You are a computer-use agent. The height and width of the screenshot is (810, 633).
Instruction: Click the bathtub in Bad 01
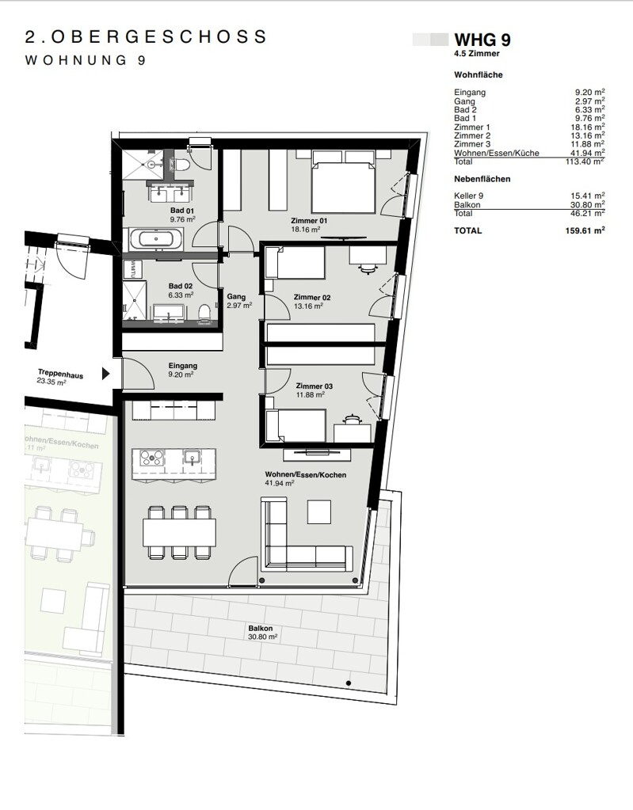[x=155, y=240]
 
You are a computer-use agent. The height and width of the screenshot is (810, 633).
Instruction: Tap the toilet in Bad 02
[x=205, y=313]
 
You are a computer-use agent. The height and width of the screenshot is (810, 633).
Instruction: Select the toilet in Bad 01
[x=181, y=163]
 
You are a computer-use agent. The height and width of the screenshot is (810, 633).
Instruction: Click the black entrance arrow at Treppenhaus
[x=106, y=374]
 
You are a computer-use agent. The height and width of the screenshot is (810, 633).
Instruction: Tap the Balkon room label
[x=261, y=629]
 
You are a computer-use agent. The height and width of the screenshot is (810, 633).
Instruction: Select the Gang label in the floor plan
[x=236, y=296]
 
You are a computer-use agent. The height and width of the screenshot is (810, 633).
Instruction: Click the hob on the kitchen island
[x=152, y=458]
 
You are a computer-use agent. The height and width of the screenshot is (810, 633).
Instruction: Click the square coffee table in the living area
[x=318, y=512]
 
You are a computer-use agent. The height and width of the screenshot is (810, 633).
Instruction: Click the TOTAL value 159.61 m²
[x=585, y=231]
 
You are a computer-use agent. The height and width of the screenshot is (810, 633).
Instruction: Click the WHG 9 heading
[x=482, y=40]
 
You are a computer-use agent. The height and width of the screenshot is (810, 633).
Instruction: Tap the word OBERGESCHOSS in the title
[x=159, y=36]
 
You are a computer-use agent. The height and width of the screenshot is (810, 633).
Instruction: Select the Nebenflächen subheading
[x=482, y=179]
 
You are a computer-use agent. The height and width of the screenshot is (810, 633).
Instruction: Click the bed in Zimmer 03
[x=295, y=426]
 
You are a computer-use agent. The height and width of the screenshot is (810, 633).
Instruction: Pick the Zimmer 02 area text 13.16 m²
[x=308, y=306]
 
